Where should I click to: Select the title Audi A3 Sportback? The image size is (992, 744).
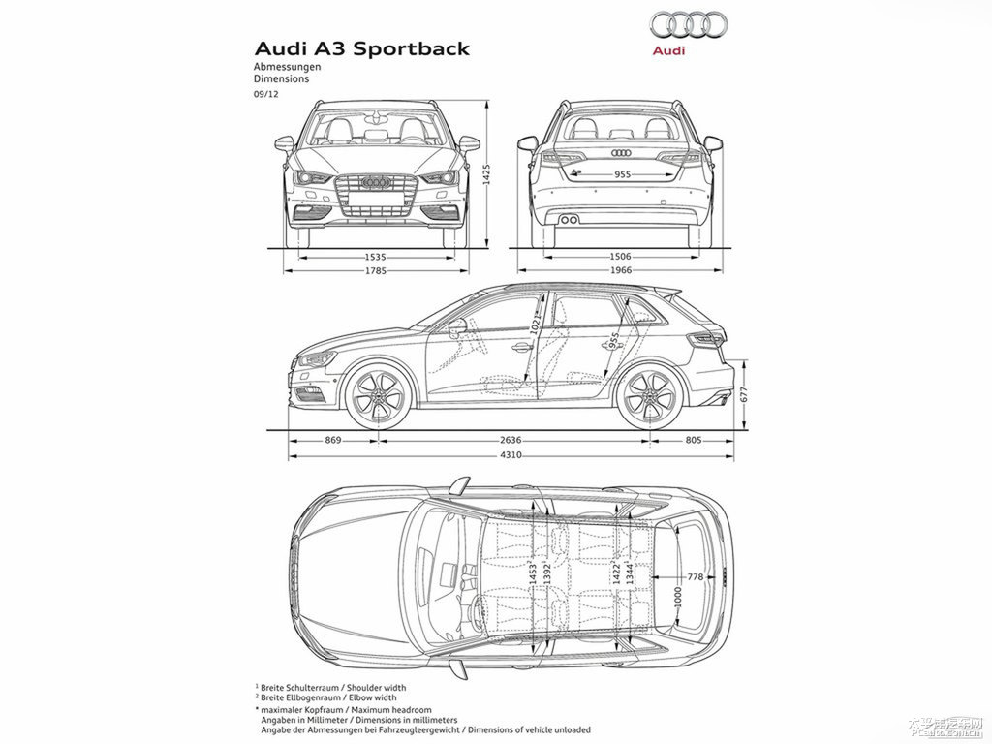361,48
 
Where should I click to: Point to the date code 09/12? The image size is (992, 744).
264,94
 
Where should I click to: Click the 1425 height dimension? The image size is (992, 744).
487,174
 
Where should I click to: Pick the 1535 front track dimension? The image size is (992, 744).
376,257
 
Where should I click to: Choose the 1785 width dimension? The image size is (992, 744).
376,271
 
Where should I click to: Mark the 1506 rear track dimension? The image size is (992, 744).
621,257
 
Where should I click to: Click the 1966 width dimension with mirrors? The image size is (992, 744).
621,271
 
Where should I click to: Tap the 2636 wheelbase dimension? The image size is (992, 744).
511,441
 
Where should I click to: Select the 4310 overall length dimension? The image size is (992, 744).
511,455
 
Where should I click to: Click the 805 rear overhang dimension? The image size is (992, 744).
692,441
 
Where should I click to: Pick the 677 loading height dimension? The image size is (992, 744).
744,395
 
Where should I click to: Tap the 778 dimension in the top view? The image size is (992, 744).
695,577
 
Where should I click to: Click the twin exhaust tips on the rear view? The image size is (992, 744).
569,220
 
